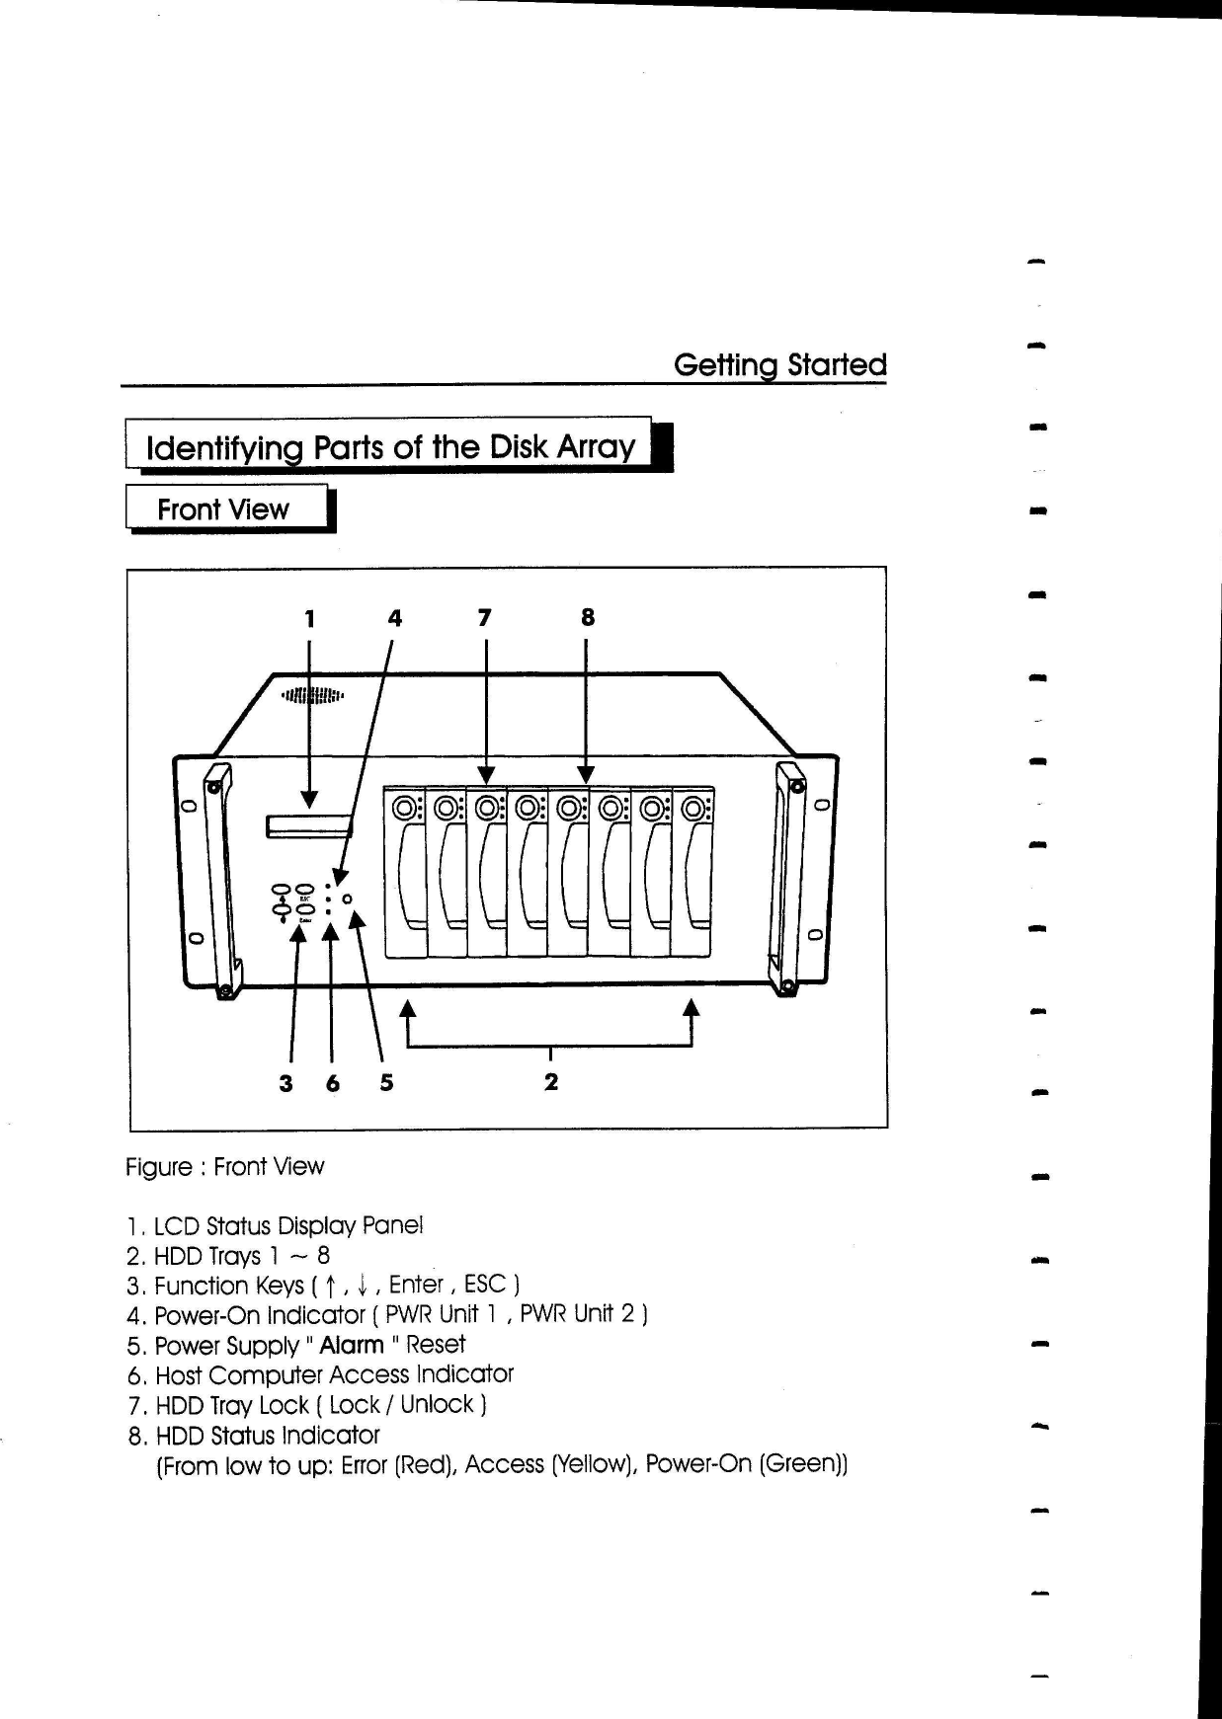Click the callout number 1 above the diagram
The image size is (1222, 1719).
click(310, 619)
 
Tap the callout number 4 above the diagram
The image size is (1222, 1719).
click(395, 619)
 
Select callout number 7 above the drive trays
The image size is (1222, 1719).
click(484, 618)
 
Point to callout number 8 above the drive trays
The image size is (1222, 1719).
click(587, 618)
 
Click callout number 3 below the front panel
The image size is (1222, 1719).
click(285, 1083)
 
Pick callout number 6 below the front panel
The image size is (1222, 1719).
click(333, 1083)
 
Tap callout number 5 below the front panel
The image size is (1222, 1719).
click(386, 1082)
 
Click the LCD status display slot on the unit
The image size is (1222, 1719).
click(308, 825)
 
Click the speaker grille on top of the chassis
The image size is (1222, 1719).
click(311, 695)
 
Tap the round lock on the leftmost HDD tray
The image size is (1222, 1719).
click(403, 809)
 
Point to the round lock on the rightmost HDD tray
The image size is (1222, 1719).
click(692, 809)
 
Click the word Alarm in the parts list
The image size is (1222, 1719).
click(352, 1345)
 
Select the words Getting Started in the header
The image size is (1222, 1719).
click(779, 365)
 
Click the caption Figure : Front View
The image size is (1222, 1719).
click(225, 1167)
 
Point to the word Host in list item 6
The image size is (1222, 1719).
click(179, 1375)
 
